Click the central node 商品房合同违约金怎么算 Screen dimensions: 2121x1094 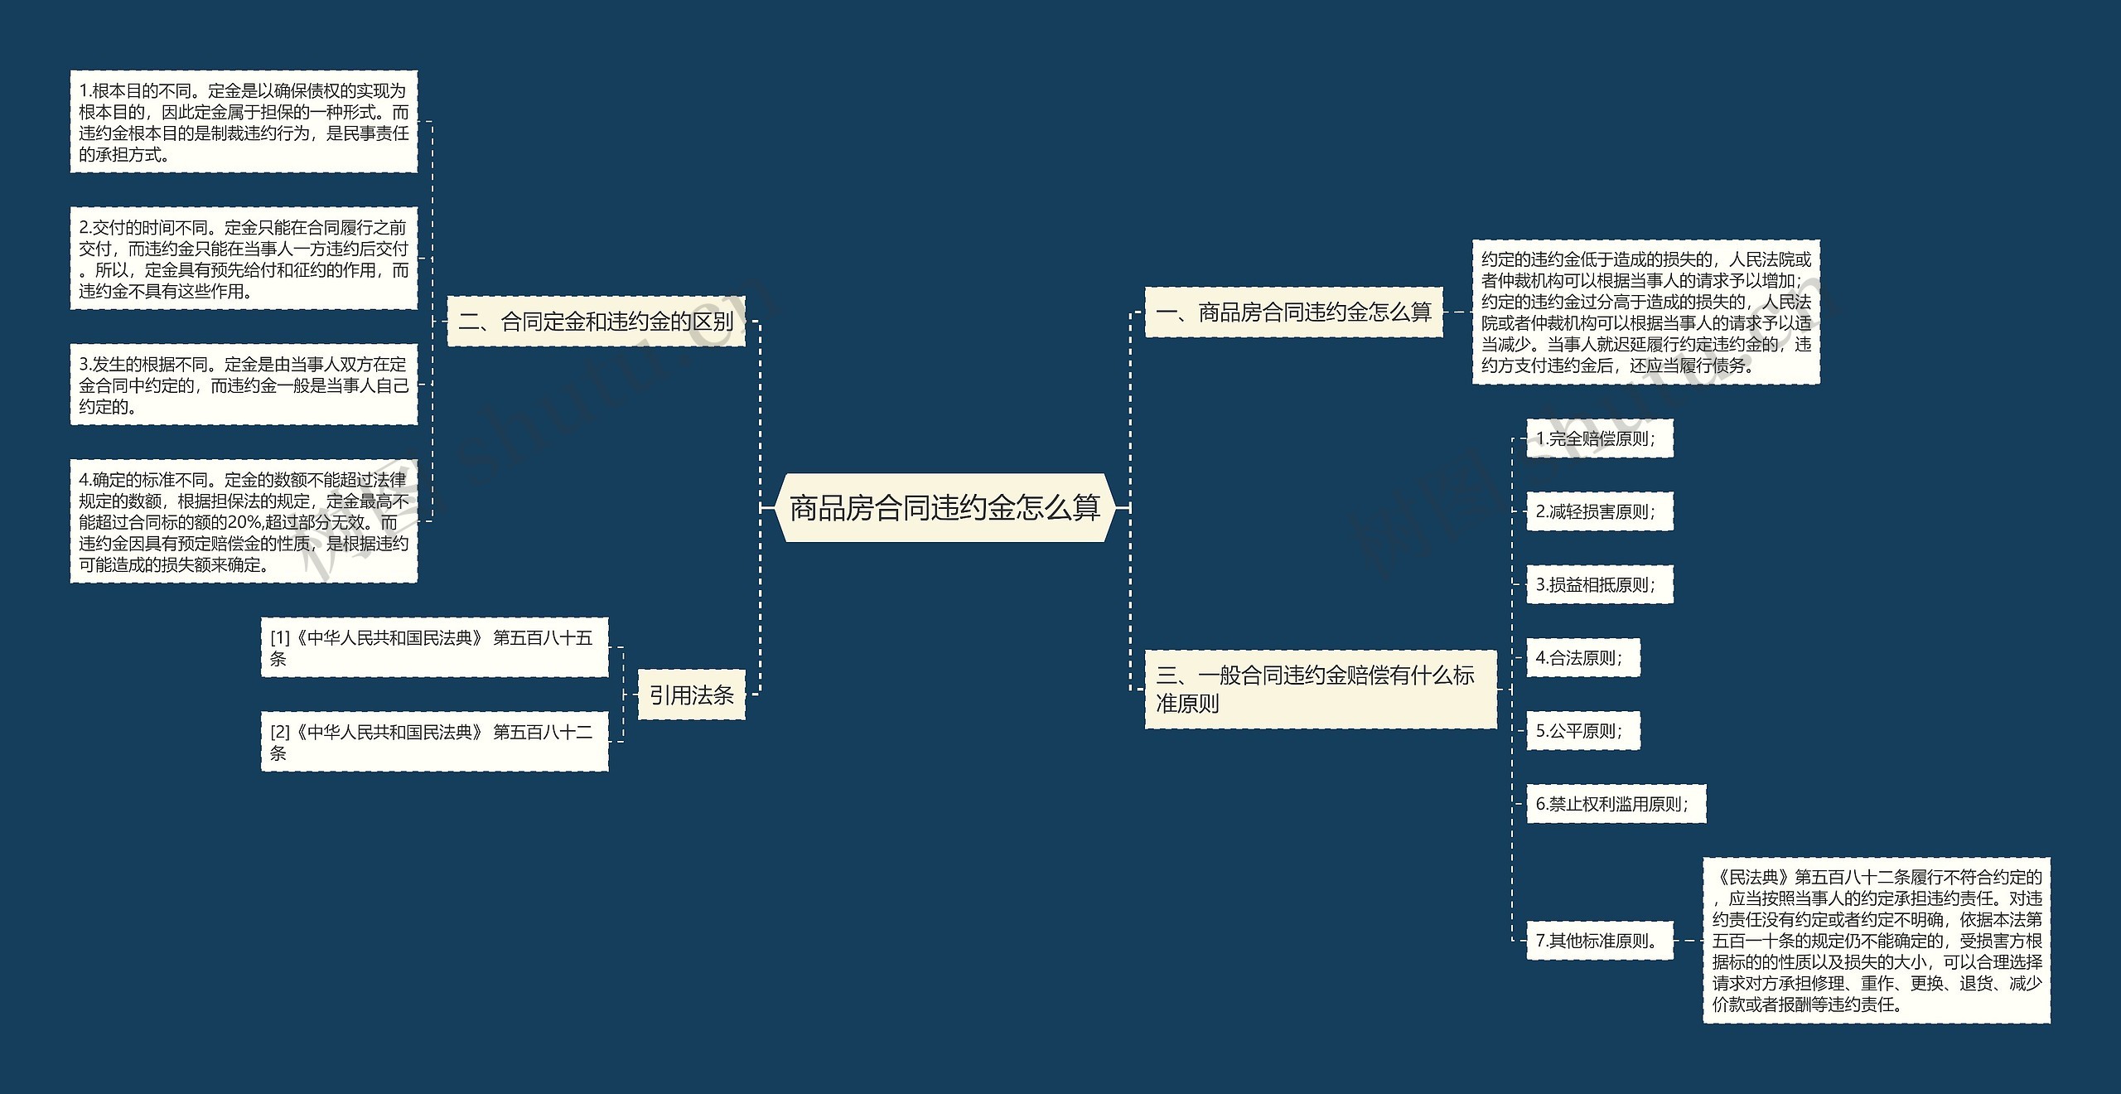945,507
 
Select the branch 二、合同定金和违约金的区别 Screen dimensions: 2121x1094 596,322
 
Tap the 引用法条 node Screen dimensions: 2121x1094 691,695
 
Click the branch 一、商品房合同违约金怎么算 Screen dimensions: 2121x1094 1293,312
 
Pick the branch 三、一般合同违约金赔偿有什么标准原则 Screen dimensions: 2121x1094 1320,689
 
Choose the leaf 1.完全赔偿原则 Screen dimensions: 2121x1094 1599,438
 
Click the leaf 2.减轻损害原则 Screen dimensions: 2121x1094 1599,511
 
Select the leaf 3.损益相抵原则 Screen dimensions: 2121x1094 1599,584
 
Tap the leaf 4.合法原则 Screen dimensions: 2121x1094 1582,657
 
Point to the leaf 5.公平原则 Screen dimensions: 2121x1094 1582,730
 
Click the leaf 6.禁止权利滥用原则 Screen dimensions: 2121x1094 1616,803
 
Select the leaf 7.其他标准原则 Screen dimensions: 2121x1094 1599,941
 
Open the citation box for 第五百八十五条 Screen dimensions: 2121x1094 434,647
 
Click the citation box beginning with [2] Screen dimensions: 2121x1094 434,742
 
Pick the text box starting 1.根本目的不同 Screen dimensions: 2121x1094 244,122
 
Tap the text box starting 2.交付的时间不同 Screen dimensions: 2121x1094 244,259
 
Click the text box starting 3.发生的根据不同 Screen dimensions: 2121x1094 244,385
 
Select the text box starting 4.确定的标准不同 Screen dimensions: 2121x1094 244,521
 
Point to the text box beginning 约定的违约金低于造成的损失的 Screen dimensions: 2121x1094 1645,312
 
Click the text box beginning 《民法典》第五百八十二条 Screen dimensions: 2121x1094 1876,941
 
